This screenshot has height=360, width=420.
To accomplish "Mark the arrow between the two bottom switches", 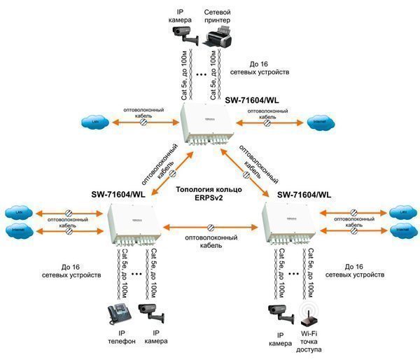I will (x=209, y=228).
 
